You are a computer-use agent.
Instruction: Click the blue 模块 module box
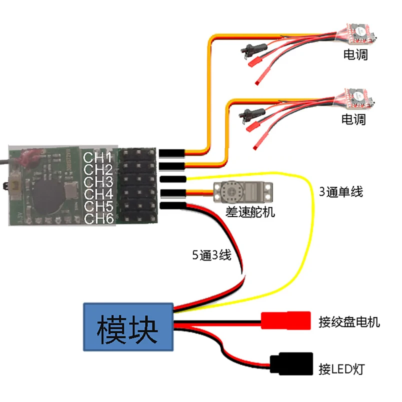pos(128,327)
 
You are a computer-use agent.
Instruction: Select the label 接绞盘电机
pos(349,321)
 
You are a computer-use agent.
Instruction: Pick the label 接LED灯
pos(341,370)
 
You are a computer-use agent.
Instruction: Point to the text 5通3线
pos(211,255)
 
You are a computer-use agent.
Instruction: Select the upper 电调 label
pos(355,54)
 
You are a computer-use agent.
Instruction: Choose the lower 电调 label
pos(353,119)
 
